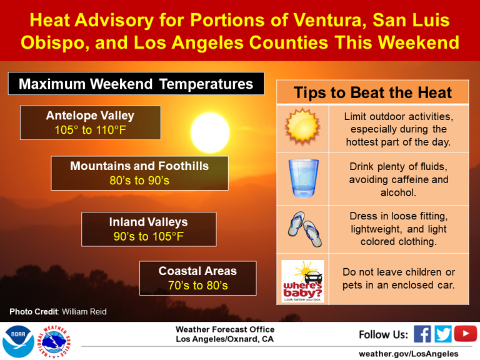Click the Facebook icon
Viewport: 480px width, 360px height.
click(422, 334)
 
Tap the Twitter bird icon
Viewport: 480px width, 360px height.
click(443, 334)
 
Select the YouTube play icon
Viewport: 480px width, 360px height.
click(466, 334)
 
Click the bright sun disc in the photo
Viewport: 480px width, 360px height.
click(210, 132)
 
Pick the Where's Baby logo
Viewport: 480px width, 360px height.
click(302, 281)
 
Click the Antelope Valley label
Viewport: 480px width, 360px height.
click(90, 116)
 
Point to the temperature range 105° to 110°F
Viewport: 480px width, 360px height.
click(90, 130)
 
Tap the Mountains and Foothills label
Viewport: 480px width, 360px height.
click(139, 166)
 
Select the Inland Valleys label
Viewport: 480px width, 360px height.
click(148, 222)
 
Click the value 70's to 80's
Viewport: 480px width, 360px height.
click(197, 286)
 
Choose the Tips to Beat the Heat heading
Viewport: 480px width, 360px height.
click(372, 93)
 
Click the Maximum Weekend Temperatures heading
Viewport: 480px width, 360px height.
click(136, 84)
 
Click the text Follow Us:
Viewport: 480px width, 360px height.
click(383, 334)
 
